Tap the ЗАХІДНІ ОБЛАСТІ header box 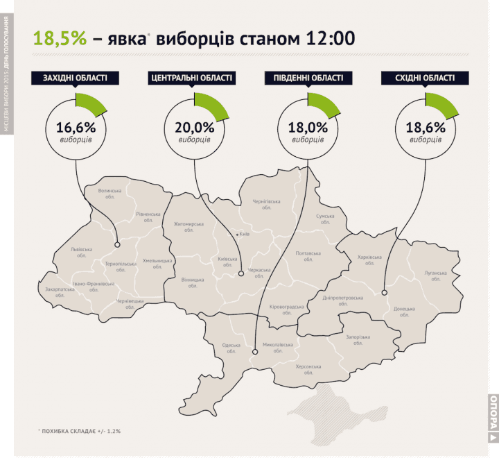tap(73, 78)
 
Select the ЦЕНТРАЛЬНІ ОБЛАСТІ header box tap(190, 78)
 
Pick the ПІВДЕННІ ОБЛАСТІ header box tap(305, 78)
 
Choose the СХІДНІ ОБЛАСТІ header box tap(421, 78)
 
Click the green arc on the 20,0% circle tap(211, 105)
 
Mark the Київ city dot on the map tap(238, 235)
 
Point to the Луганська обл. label tap(435, 275)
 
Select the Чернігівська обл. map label tap(267, 205)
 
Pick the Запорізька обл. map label tap(358, 340)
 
